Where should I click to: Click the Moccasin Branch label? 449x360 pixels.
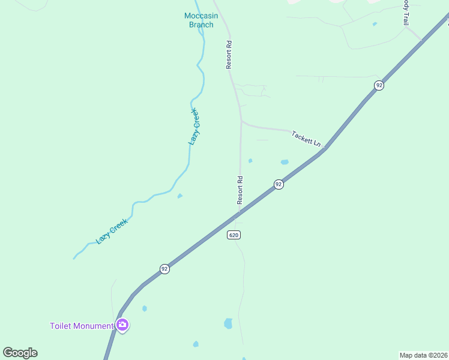point(201,20)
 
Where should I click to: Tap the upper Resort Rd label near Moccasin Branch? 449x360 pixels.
point(229,55)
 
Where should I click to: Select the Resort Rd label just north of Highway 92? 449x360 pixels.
point(240,190)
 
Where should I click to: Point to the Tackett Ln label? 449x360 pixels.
point(306,138)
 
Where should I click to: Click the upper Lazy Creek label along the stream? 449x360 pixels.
point(193,127)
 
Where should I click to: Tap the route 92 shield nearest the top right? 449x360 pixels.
point(379,85)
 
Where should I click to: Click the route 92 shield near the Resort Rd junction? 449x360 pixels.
point(279,184)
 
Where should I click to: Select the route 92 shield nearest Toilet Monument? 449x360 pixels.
point(164,269)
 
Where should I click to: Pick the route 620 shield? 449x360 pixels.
point(234,235)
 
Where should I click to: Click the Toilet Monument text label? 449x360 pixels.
point(81,326)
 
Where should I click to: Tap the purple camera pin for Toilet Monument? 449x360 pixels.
point(122,325)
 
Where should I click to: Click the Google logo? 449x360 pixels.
point(20,353)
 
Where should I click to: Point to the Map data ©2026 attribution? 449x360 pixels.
point(423,355)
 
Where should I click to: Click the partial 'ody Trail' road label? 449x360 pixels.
point(406,12)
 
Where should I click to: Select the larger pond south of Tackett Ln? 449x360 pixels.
point(285,162)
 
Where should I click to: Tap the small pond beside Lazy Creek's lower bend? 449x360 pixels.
point(179,196)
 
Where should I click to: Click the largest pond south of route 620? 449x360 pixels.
point(228,323)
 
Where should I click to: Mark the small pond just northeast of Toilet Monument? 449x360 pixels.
point(145,308)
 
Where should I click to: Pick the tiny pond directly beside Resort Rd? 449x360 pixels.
point(250,160)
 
